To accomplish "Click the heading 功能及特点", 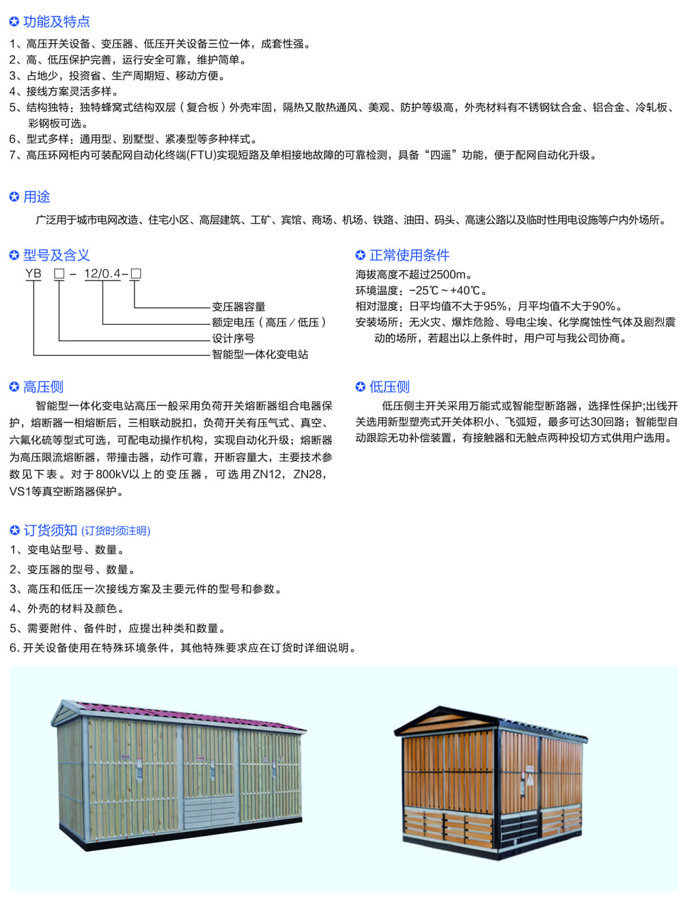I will [57, 22].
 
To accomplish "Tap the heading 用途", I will [37, 197].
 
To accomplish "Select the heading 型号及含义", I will [57, 255].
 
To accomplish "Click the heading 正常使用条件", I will [409, 255].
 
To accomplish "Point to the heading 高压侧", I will [44, 387].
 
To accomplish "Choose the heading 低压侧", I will [389, 387].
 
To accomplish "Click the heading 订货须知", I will [51, 530].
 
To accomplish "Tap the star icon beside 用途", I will [14, 197].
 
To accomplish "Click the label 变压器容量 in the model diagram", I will [238, 307].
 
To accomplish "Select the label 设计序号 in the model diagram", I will [233, 339].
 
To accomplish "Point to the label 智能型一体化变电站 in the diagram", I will [260, 354].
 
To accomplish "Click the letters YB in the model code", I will [33, 274].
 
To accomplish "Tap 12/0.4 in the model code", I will [102, 274].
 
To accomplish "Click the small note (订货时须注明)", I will [116, 531].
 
